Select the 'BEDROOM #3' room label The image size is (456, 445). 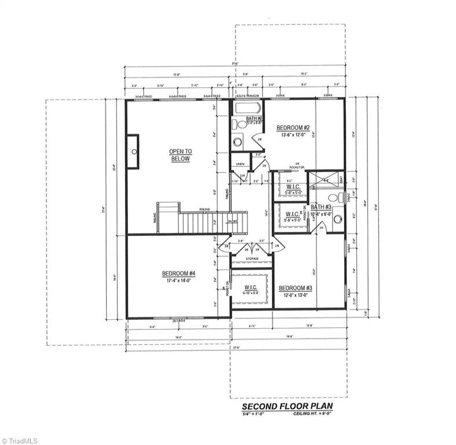(296, 288)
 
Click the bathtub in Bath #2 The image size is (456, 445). (248, 108)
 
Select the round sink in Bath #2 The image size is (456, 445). (238, 141)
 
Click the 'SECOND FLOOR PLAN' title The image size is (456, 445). (287, 406)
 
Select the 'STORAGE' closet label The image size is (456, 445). (252, 258)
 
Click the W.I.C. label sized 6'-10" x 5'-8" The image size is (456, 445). (251, 289)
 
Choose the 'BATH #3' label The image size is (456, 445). (320, 207)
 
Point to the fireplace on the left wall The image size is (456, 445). (133, 151)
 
